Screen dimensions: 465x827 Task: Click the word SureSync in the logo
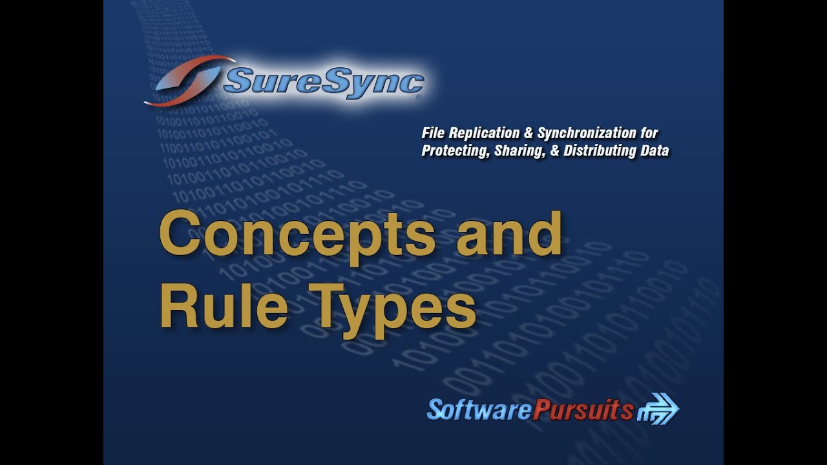click(323, 82)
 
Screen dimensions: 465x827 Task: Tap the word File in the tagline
click(433, 133)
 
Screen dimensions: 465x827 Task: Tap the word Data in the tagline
click(655, 151)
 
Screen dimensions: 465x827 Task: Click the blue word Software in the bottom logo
click(479, 409)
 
